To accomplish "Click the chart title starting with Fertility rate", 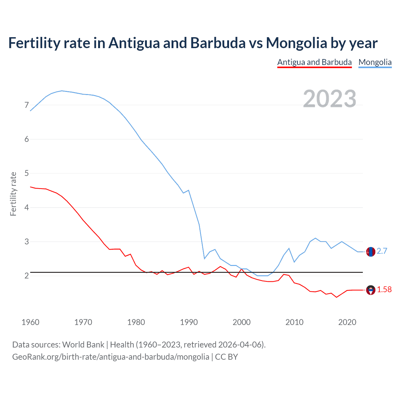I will click(x=193, y=43).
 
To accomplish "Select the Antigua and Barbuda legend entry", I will click(x=314, y=62).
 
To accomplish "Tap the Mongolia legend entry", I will click(x=375, y=62).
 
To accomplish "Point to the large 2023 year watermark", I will click(x=330, y=99).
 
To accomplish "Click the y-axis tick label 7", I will click(x=27, y=105).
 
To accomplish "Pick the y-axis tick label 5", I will click(x=27, y=173).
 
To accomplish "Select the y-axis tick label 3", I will click(x=27, y=242).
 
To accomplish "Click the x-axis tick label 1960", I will click(x=30, y=322).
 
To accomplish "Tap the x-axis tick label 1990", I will click(x=189, y=322).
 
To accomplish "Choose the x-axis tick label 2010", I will click(x=294, y=322).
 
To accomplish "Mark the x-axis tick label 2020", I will click(x=347, y=322).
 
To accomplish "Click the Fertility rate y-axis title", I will click(x=13, y=194).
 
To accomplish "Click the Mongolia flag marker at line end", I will click(x=371, y=252).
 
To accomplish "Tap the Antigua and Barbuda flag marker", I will click(x=371, y=290).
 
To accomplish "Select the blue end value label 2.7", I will click(x=382, y=251).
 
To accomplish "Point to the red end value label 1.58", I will click(x=384, y=290).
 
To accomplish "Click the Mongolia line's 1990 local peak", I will click(x=188, y=190).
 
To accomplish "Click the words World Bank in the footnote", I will click(x=83, y=345).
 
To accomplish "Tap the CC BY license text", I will click(x=226, y=357).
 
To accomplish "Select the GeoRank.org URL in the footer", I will click(x=111, y=357).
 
